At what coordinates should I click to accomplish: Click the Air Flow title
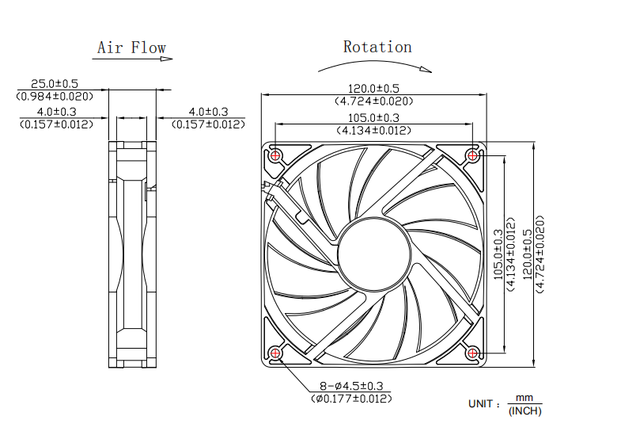(131, 48)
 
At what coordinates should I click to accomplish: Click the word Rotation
(377, 47)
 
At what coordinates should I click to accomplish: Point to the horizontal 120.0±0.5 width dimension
(374, 88)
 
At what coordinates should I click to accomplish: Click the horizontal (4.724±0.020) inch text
(374, 101)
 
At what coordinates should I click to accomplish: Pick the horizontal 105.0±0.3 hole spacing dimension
(374, 117)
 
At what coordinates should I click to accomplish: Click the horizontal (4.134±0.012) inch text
(374, 130)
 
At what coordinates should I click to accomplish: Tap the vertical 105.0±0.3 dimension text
(498, 254)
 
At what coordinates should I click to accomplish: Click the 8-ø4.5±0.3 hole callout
(352, 386)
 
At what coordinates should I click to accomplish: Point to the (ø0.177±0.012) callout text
(352, 399)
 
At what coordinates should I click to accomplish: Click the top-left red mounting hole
(275, 155)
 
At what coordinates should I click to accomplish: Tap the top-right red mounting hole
(473, 155)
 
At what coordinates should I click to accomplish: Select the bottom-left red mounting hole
(275, 353)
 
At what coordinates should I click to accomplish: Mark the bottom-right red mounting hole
(473, 353)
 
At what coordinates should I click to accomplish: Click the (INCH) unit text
(524, 411)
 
